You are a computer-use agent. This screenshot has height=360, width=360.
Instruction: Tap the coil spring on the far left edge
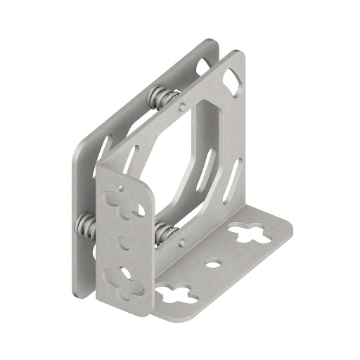pyautogui.click(x=86, y=224)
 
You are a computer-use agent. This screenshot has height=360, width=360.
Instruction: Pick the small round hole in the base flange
pyautogui.click(x=212, y=265)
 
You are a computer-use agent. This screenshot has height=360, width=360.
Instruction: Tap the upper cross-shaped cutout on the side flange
pyautogui.click(x=127, y=200)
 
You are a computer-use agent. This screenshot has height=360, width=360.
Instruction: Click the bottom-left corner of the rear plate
pyautogui.click(x=77, y=288)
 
